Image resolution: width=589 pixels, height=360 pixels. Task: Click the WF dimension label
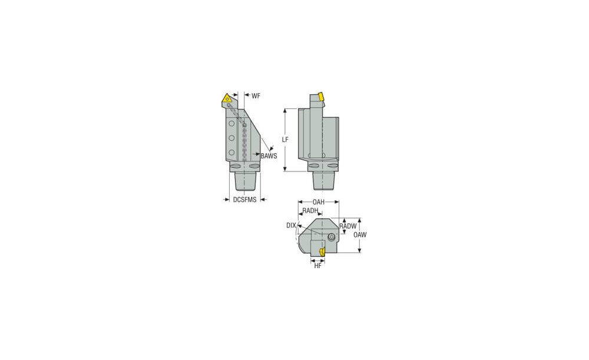256,96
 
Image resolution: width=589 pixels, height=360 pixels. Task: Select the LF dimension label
286,140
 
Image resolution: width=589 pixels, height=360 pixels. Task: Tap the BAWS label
269,156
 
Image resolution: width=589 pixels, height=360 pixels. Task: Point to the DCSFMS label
244,200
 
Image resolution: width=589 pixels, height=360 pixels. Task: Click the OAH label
319,202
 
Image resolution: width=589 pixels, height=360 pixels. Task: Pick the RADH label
310,211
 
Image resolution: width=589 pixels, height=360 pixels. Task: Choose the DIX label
291,226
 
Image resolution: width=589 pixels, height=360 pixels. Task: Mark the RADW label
348,226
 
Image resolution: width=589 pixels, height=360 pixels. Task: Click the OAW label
360,235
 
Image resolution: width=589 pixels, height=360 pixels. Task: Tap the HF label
318,266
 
